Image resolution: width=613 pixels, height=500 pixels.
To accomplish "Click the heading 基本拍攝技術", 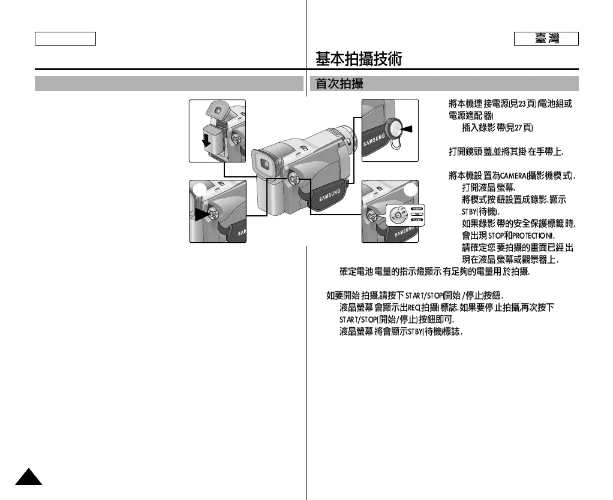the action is pos(359,59).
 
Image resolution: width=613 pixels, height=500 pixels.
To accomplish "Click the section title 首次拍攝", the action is pos(339,83).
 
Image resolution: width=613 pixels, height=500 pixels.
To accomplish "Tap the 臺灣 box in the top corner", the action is pos(546,38).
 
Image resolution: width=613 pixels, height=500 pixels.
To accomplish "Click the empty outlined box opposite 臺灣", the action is pos(65,38).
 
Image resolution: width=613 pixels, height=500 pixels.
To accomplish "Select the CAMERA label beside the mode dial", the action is pos(417,208).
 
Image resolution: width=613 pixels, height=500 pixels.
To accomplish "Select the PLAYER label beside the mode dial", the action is pos(417,220).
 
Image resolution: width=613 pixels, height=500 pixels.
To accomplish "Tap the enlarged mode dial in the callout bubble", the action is pos(398,215).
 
